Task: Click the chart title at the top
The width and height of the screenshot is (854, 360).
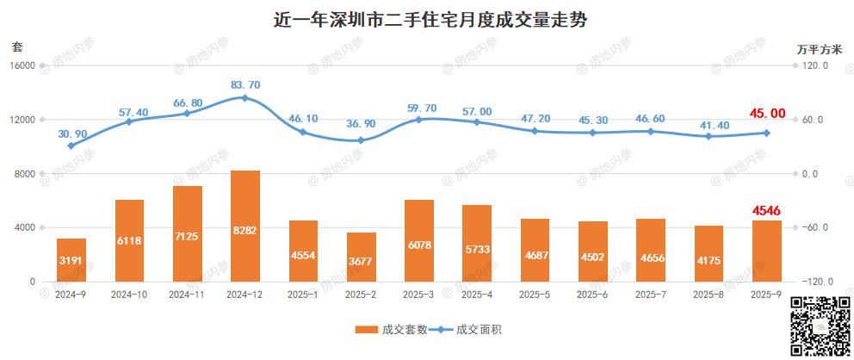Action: coord(426,20)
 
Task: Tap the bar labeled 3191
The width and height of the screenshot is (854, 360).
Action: coord(71,259)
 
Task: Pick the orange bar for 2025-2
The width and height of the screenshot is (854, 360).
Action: coord(361,257)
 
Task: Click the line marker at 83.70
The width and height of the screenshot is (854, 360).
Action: coord(245,98)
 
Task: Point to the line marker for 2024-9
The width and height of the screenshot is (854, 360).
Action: coord(71,146)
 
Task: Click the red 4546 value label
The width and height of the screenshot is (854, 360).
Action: coord(767,209)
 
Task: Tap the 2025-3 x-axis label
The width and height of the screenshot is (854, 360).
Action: coord(419,295)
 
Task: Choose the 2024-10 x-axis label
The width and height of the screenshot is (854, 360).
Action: coord(129,295)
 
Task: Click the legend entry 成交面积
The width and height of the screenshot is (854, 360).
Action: coord(467,330)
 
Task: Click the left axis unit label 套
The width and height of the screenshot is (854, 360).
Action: coord(17,46)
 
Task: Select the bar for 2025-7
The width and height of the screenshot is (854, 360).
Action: coord(651,250)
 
